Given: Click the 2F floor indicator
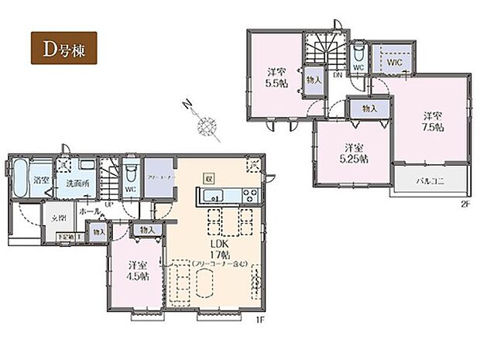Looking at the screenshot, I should [x=463, y=205].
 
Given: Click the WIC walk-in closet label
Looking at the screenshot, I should [x=393, y=60].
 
